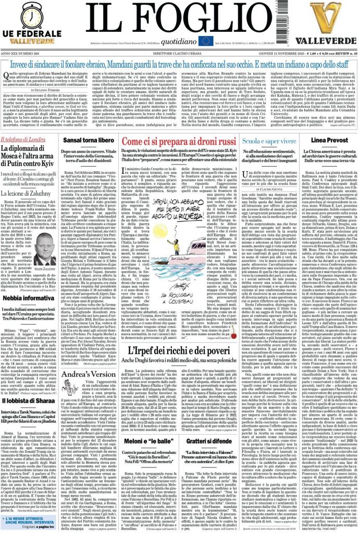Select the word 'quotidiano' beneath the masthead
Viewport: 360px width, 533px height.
tap(179, 41)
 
